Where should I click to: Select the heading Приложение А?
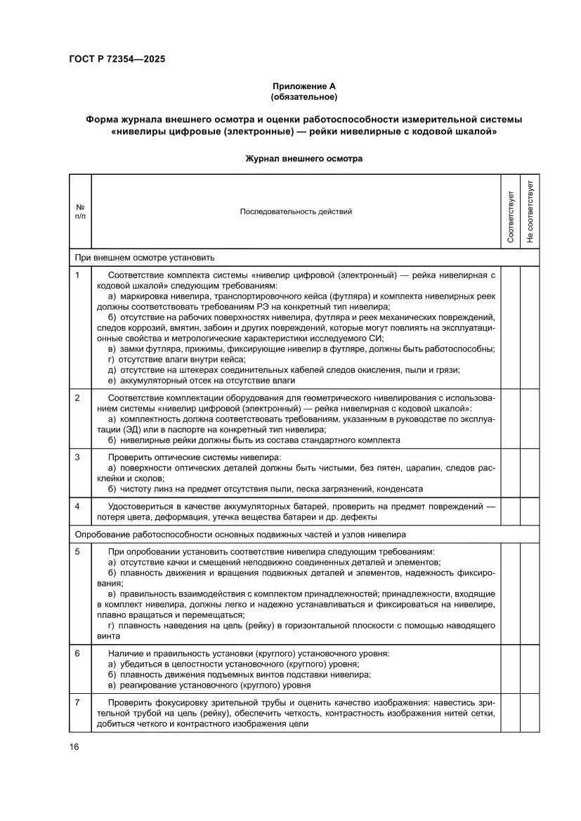tap(304, 85)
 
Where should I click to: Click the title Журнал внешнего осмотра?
tap(304, 159)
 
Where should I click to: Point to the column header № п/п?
tap(80, 211)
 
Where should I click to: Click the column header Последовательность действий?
tap(296, 211)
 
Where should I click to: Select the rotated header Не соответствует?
tap(530, 211)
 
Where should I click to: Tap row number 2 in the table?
tap(78, 398)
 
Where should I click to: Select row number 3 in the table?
tap(78, 457)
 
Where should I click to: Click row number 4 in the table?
tap(78, 506)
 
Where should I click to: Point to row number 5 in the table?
tap(78, 552)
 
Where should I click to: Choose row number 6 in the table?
tap(78, 653)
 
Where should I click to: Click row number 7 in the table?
tap(78, 702)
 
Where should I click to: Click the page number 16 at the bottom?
tap(74, 747)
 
